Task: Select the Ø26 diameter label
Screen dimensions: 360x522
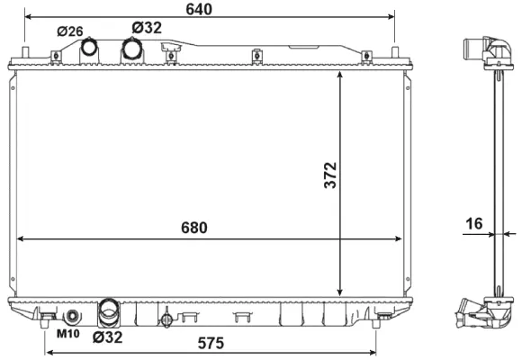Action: (69, 31)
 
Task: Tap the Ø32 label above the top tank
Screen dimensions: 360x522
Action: (146, 28)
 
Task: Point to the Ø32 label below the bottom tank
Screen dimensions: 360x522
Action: (107, 337)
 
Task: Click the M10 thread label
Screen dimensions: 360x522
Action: (68, 335)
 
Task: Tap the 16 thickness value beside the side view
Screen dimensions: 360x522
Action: (474, 222)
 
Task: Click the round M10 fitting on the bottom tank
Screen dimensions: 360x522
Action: (73, 316)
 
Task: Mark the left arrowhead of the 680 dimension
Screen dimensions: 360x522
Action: (19, 239)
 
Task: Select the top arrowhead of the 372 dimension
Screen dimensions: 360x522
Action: (339, 76)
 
